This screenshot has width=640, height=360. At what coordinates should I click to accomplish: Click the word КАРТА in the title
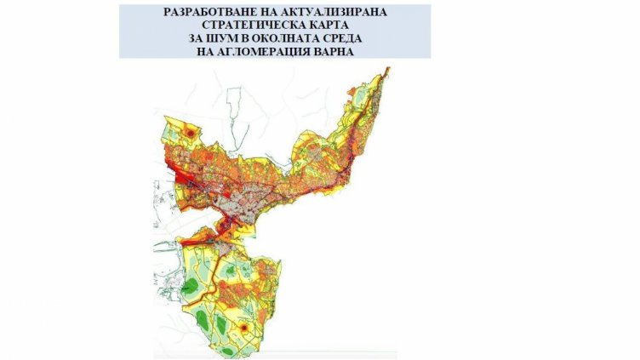coord(321,26)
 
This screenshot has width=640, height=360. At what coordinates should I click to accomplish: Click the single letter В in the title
coord(248,39)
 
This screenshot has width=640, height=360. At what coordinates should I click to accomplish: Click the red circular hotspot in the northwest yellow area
coord(190,133)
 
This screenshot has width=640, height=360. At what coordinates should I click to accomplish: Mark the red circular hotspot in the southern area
coord(244,326)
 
